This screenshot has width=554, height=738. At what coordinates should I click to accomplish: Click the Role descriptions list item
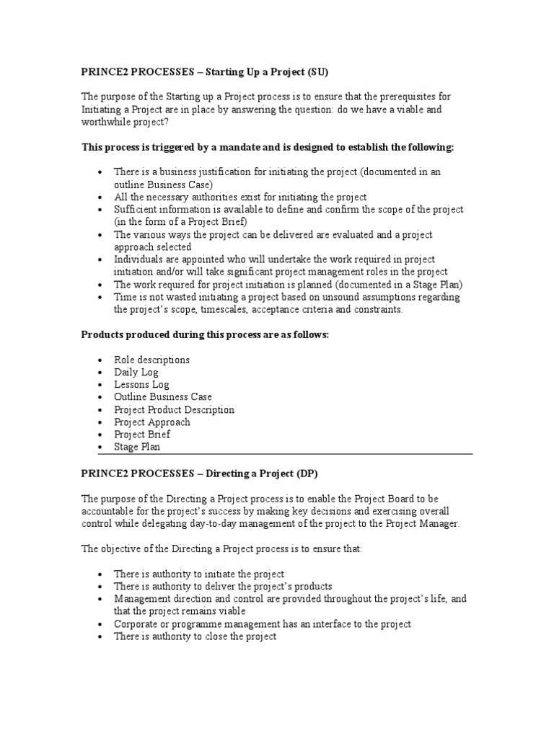[152, 360]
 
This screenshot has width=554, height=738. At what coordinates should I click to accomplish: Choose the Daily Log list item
[136, 373]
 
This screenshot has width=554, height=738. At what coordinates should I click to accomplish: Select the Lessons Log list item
[142, 385]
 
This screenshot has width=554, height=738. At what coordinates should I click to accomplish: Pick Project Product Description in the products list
[174, 409]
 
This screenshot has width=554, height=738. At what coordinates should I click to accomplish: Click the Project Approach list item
[152, 422]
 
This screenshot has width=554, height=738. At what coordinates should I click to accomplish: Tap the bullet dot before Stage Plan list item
[99, 448]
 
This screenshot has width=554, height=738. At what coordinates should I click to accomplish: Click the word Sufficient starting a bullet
[135, 209]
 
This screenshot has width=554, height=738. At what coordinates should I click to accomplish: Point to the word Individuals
[139, 259]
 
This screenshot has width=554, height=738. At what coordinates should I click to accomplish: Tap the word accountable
[109, 511]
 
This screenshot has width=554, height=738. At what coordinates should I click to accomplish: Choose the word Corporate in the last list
[137, 624]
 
